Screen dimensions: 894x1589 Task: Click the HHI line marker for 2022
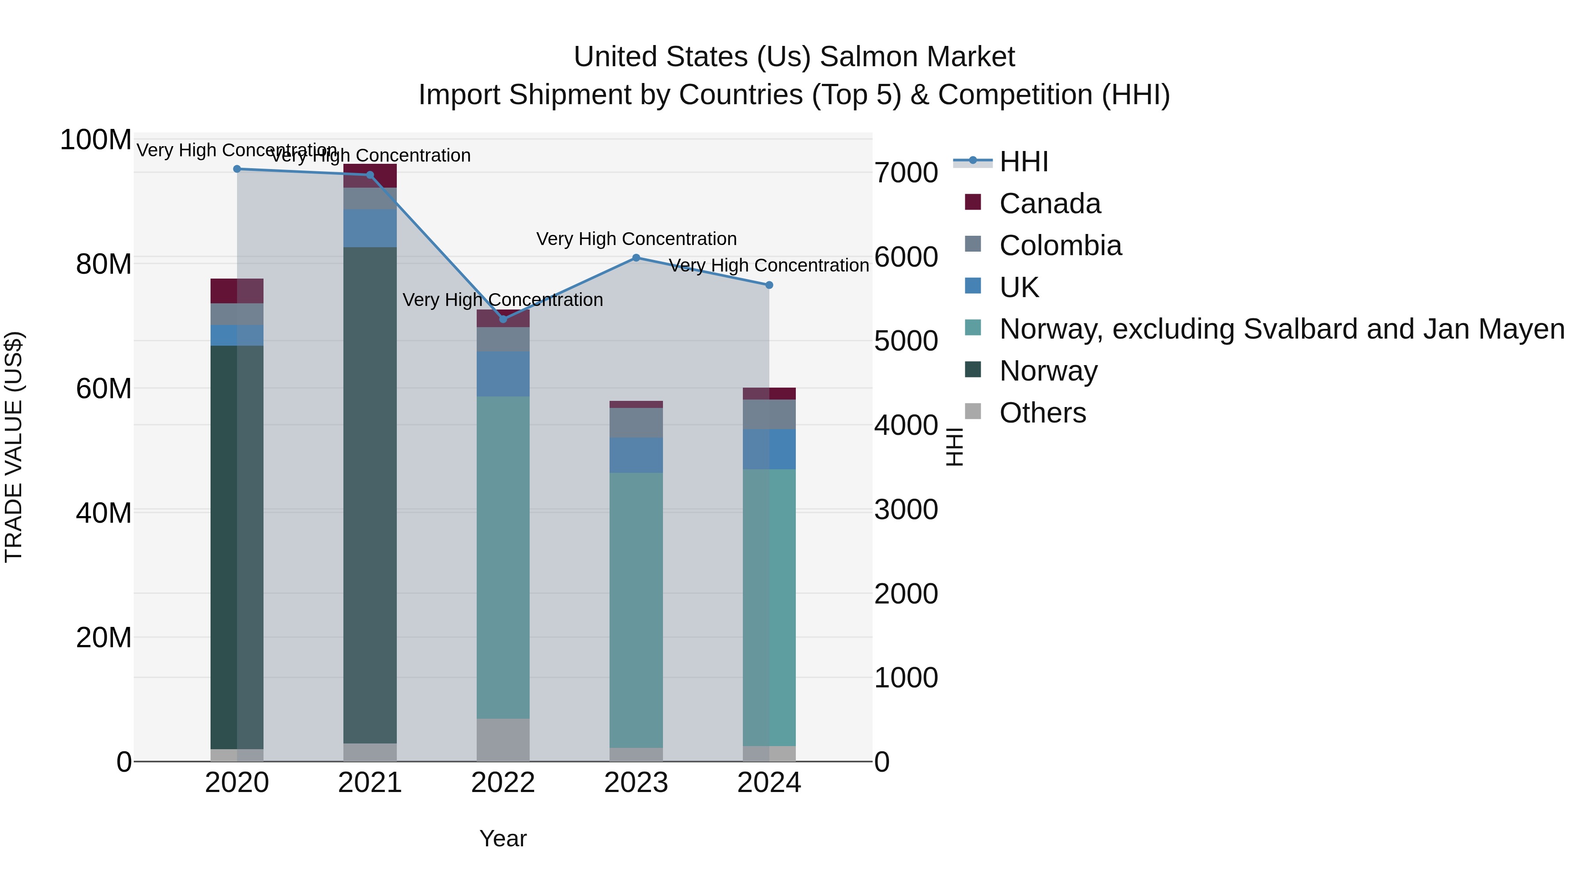click(503, 319)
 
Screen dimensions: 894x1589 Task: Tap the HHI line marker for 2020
click(237, 169)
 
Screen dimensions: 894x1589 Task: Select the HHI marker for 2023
click(636, 258)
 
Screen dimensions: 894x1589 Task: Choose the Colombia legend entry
click(1060, 245)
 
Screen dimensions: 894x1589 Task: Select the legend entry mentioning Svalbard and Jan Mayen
click(1281, 329)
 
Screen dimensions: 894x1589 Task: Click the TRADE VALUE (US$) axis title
click(14, 447)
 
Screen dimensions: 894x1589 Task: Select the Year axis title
click(503, 838)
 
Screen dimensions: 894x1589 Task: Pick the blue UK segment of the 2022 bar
click(503, 374)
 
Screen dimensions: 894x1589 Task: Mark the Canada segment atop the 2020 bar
click(237, 290)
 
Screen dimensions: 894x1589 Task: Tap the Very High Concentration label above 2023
click(636, 239)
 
